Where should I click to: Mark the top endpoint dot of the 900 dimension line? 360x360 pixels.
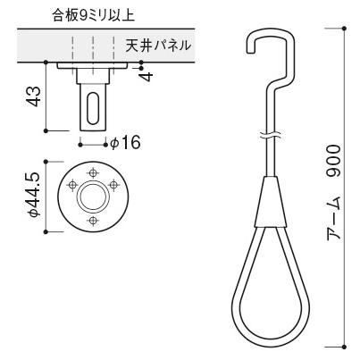click(344, 27)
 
